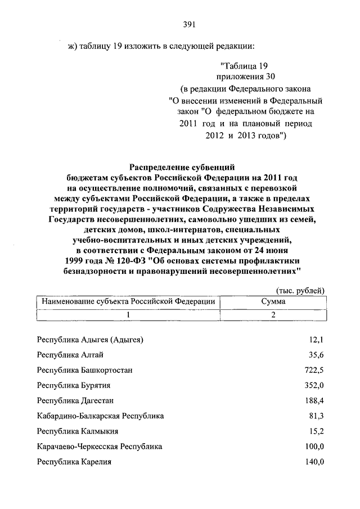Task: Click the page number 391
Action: [x=189, y=23]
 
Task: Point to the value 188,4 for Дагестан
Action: [x=315, y=401]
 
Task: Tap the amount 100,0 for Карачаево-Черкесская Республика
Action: [x=315, y=447]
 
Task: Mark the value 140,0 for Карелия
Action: [x=315, y=462]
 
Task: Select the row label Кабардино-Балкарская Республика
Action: [x=100, y=416]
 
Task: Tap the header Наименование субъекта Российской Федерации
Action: [x=129, y=301]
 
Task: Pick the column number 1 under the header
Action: [x=129, y=315]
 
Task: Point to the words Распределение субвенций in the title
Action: [x=181, y=167]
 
